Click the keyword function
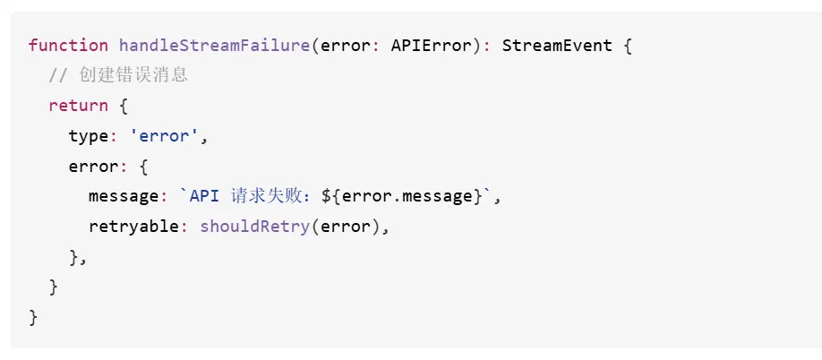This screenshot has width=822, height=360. [68, 46]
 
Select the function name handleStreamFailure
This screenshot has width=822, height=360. [214, 46]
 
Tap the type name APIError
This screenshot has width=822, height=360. [431, 46]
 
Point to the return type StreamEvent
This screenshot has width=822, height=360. [557, 46]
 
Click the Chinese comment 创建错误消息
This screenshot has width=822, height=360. [133, 75]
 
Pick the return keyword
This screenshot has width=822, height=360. [78, 106]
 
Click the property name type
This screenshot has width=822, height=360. [89, 137]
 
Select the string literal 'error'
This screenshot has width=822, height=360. [164, 136]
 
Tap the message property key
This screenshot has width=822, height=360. [124, 197]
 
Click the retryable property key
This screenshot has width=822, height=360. [133, 227]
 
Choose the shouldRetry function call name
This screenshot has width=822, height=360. [255, 227]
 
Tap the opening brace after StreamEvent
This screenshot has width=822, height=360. [628, 46]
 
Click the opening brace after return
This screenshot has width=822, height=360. [124, 107]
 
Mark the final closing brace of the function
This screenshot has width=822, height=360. [33, 318]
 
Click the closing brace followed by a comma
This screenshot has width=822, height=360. [73, 257]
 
